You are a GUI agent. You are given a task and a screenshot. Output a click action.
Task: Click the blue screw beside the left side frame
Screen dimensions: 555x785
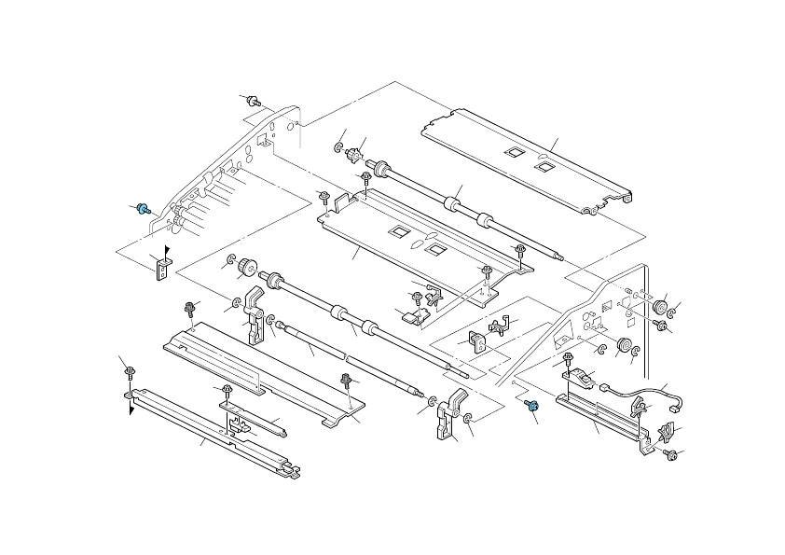pos(144,209)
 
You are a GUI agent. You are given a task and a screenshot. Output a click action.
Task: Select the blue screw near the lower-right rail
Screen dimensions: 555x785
pos(531,406)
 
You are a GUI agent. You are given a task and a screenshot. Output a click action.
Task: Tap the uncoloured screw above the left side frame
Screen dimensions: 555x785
pos(255,101)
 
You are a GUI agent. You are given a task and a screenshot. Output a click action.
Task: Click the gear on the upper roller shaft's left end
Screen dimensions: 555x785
pos(353,154)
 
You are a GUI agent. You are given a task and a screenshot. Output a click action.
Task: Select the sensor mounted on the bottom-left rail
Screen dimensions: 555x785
pos(237,429)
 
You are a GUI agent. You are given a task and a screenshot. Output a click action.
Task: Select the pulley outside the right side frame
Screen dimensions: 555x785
pos(661,307)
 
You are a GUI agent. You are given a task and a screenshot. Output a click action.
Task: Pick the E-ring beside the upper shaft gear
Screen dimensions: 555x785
pos(337,148)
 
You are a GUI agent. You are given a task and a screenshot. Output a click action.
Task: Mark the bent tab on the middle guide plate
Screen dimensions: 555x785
pos(341,200)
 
